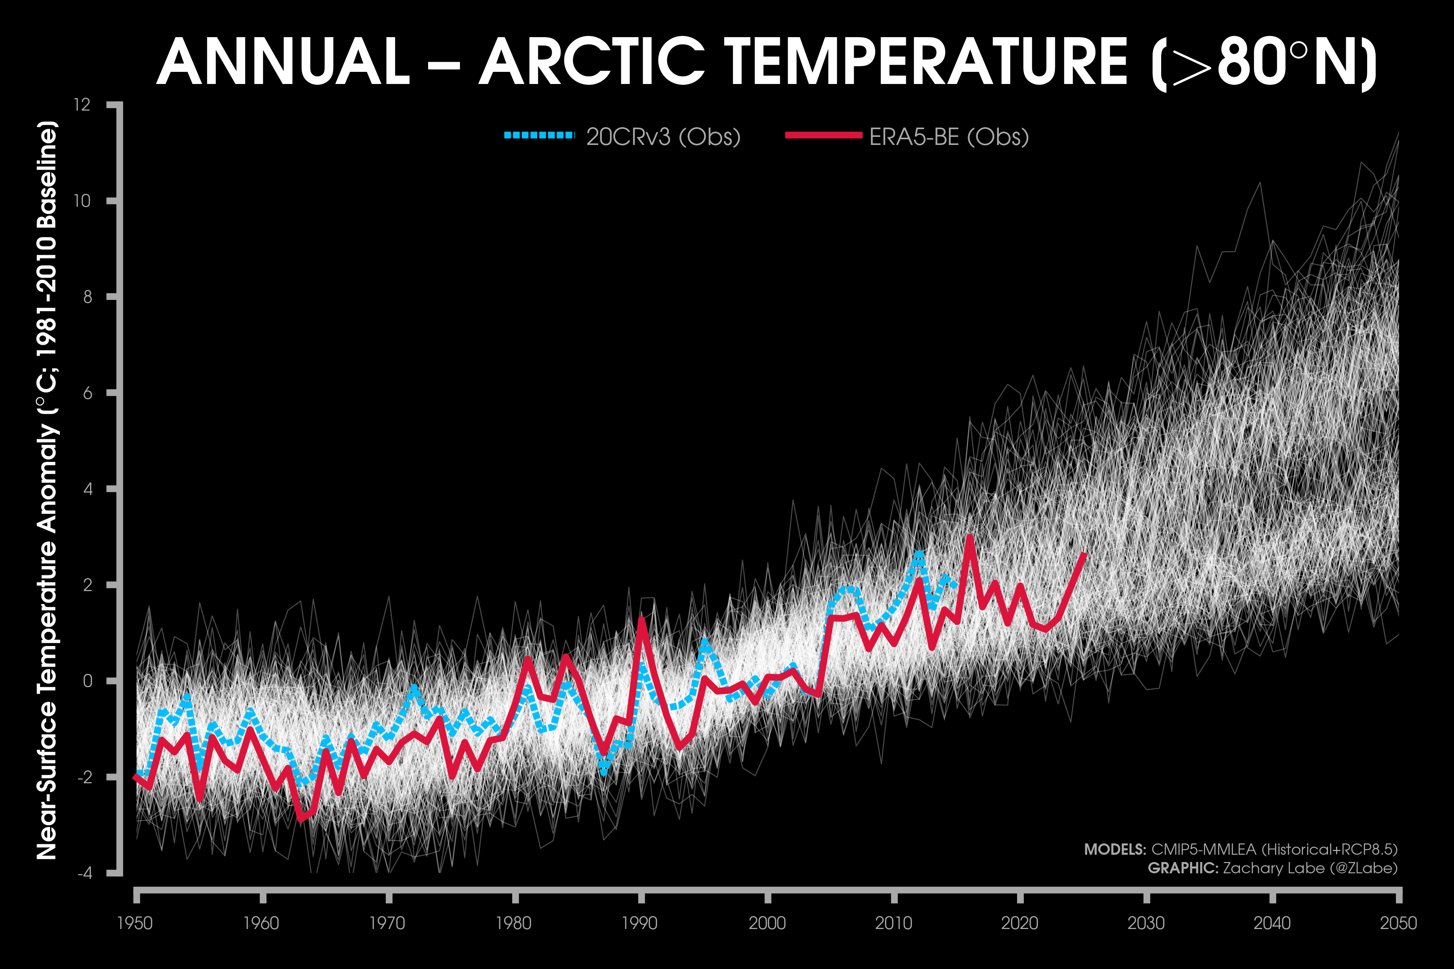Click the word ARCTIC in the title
592,62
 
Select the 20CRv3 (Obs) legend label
663,136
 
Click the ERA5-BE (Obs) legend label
949,136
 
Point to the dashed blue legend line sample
539,135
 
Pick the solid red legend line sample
824,135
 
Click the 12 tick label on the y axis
82,105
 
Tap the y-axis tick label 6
87,393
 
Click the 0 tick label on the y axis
87,681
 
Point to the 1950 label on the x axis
135,923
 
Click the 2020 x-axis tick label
1019,923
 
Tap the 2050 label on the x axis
1398,923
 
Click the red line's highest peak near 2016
969,537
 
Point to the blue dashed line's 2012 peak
919,554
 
